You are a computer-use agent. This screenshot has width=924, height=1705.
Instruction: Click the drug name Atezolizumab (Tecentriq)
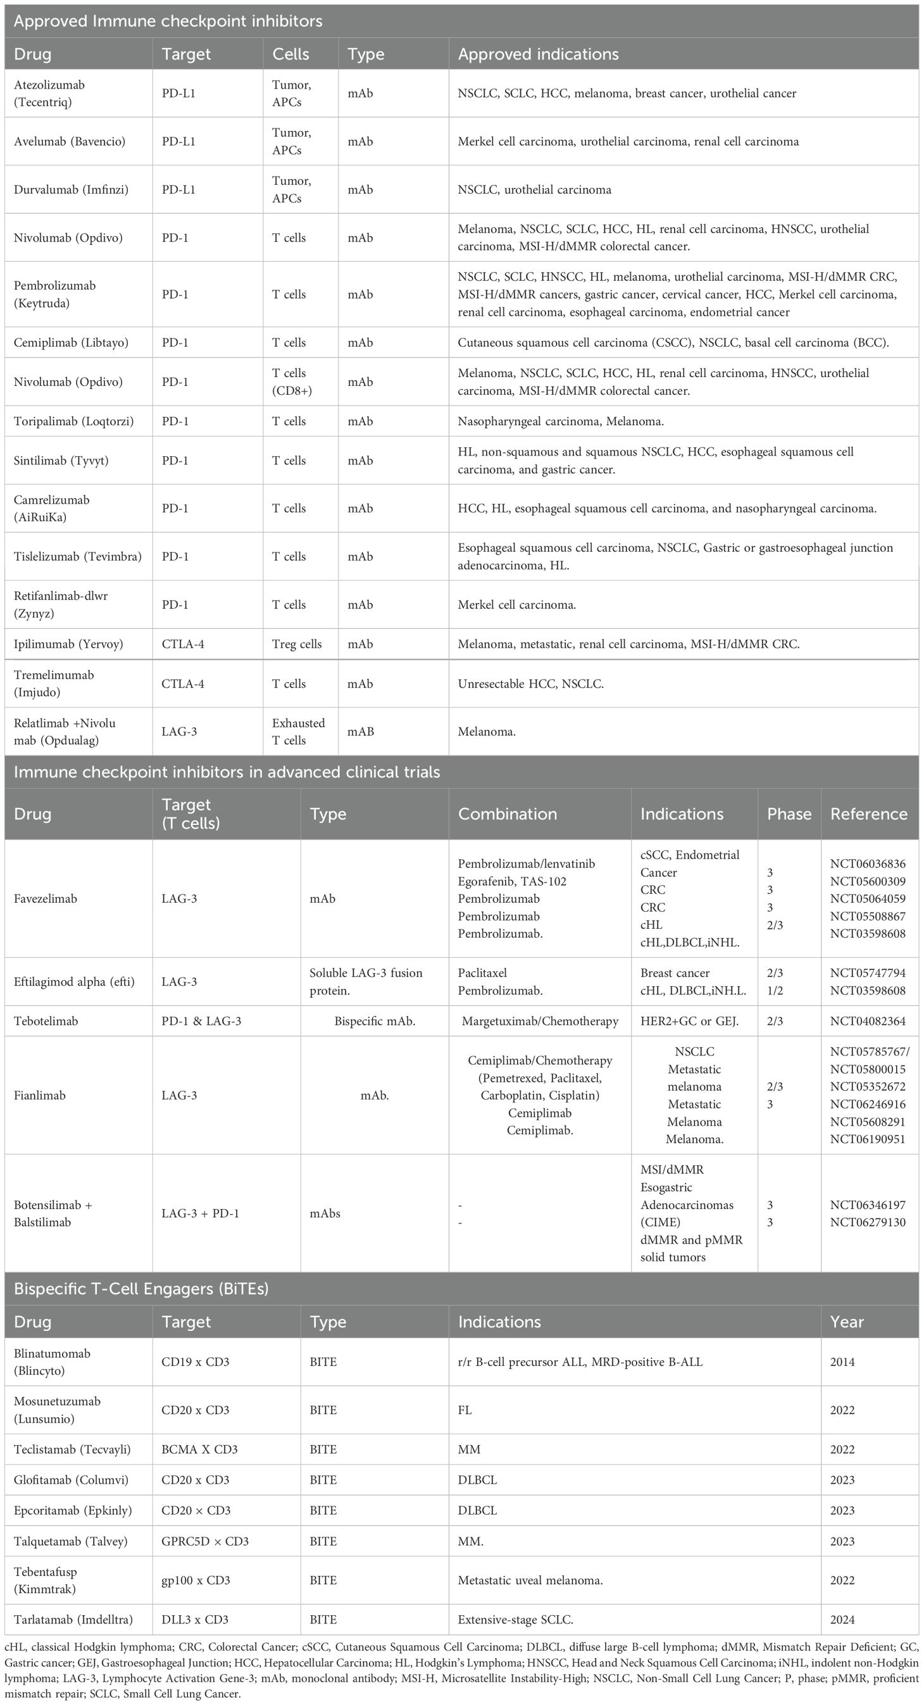tap(49, 94)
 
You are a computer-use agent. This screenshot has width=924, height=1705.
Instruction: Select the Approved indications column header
tap(538, 54)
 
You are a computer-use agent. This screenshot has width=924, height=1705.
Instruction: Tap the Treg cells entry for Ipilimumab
tap(297, 644)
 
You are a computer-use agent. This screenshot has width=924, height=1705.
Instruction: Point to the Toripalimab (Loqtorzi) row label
tap(73, 421)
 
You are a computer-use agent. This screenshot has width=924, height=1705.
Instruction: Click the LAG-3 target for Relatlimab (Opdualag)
tap(179, 731)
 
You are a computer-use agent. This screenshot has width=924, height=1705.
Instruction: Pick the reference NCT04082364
tap(868, 1020)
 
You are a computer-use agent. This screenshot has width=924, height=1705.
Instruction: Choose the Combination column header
tap(507, 814)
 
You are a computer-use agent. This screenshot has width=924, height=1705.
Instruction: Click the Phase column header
tap(789, 814)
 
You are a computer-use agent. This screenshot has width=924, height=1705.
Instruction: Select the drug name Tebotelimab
tap(46, 1020)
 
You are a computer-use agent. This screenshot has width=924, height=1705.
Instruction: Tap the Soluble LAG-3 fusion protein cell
tap(365, 982)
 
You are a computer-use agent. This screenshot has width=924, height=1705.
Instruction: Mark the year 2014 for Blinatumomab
tap(842, 1361)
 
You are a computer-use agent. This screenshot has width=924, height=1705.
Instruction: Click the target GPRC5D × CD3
tap(205, 1541)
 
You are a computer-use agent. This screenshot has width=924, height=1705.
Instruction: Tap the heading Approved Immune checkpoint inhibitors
tap(168, 21)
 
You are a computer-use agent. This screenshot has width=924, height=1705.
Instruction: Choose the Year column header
tap(847, 1322)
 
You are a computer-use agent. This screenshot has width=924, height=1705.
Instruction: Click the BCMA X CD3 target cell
tap(199, 1449)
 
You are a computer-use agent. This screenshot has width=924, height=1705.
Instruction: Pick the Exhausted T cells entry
tap(298, 731)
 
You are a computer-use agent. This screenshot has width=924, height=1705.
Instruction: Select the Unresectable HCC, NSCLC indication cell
tap(530, 684)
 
